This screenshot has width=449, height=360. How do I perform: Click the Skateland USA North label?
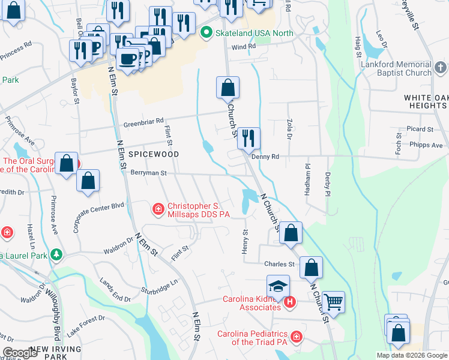(x=255, y=32)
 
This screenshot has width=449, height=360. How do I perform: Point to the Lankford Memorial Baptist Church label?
(x=396, y=68)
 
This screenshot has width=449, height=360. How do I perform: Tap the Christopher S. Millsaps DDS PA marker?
(x=158, y=209)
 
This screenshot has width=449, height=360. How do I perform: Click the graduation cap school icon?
(x=279, y=287)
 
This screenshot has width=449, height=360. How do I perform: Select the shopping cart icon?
(x=333, y=301)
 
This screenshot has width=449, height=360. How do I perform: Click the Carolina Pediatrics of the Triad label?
(x=253, y=338)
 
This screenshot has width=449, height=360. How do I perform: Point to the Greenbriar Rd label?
(x=143, y=122)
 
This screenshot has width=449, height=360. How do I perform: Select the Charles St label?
(x=280, y=264)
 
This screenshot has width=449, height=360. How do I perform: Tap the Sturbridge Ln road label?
(x=160, y=286)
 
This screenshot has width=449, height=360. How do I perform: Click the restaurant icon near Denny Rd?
(x=249, y=139)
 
